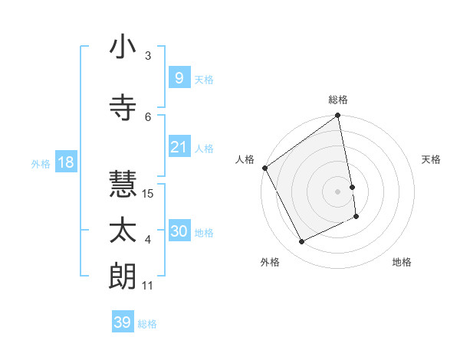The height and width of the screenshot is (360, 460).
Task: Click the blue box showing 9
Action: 179,77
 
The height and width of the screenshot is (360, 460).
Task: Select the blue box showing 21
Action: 179,146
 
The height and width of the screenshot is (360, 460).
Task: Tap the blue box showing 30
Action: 179,231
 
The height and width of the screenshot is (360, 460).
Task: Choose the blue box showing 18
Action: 65,162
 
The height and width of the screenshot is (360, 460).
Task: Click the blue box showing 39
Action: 122,322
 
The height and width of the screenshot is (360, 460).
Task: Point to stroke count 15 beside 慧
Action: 149,193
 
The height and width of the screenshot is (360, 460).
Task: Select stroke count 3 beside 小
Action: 148,55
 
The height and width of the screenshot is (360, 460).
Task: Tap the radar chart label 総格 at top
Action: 338,100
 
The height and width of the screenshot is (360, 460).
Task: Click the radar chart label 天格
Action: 432,159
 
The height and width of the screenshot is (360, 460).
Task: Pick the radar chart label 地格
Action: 402,262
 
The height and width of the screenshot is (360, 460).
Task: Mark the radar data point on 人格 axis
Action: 264,168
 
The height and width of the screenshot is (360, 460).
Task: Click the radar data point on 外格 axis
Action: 302,242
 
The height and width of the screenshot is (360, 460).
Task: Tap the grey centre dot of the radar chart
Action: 338,191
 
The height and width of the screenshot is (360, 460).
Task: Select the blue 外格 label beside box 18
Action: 40,163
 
